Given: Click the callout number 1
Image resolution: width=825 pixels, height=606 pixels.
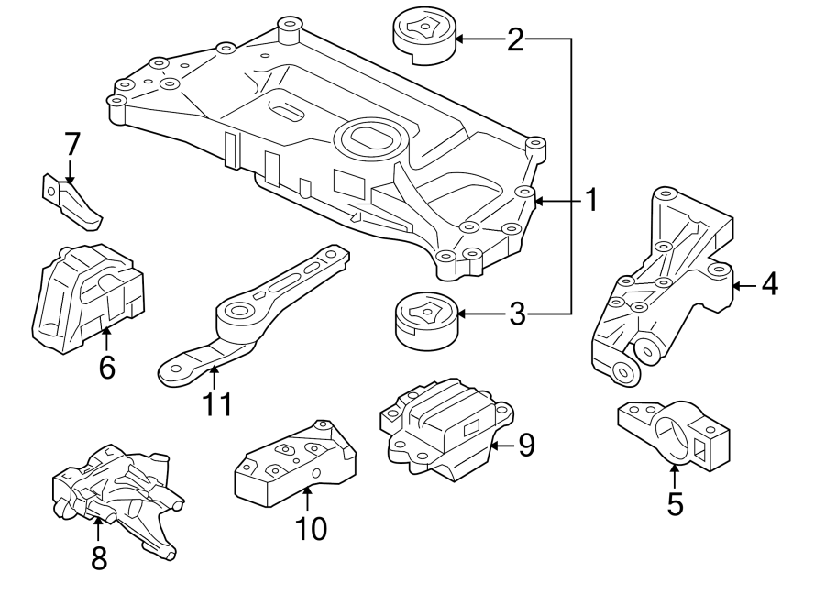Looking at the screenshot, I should click(591, 200).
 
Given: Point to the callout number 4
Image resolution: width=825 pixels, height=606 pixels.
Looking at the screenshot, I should click(768, 285).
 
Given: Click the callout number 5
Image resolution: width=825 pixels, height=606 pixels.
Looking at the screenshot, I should click(675, 503).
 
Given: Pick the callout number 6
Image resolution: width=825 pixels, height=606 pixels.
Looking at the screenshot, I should click(106, 368).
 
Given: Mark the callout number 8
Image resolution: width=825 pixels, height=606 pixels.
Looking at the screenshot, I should click(98, 556).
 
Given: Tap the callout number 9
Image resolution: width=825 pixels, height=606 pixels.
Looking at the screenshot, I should click(525, 446).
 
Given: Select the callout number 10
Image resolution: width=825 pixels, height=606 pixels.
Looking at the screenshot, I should click(311, 529).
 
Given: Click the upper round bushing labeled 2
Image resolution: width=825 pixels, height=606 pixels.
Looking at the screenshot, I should click(423, 36).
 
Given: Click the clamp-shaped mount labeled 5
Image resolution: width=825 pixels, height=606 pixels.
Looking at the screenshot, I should click(676, 434).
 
